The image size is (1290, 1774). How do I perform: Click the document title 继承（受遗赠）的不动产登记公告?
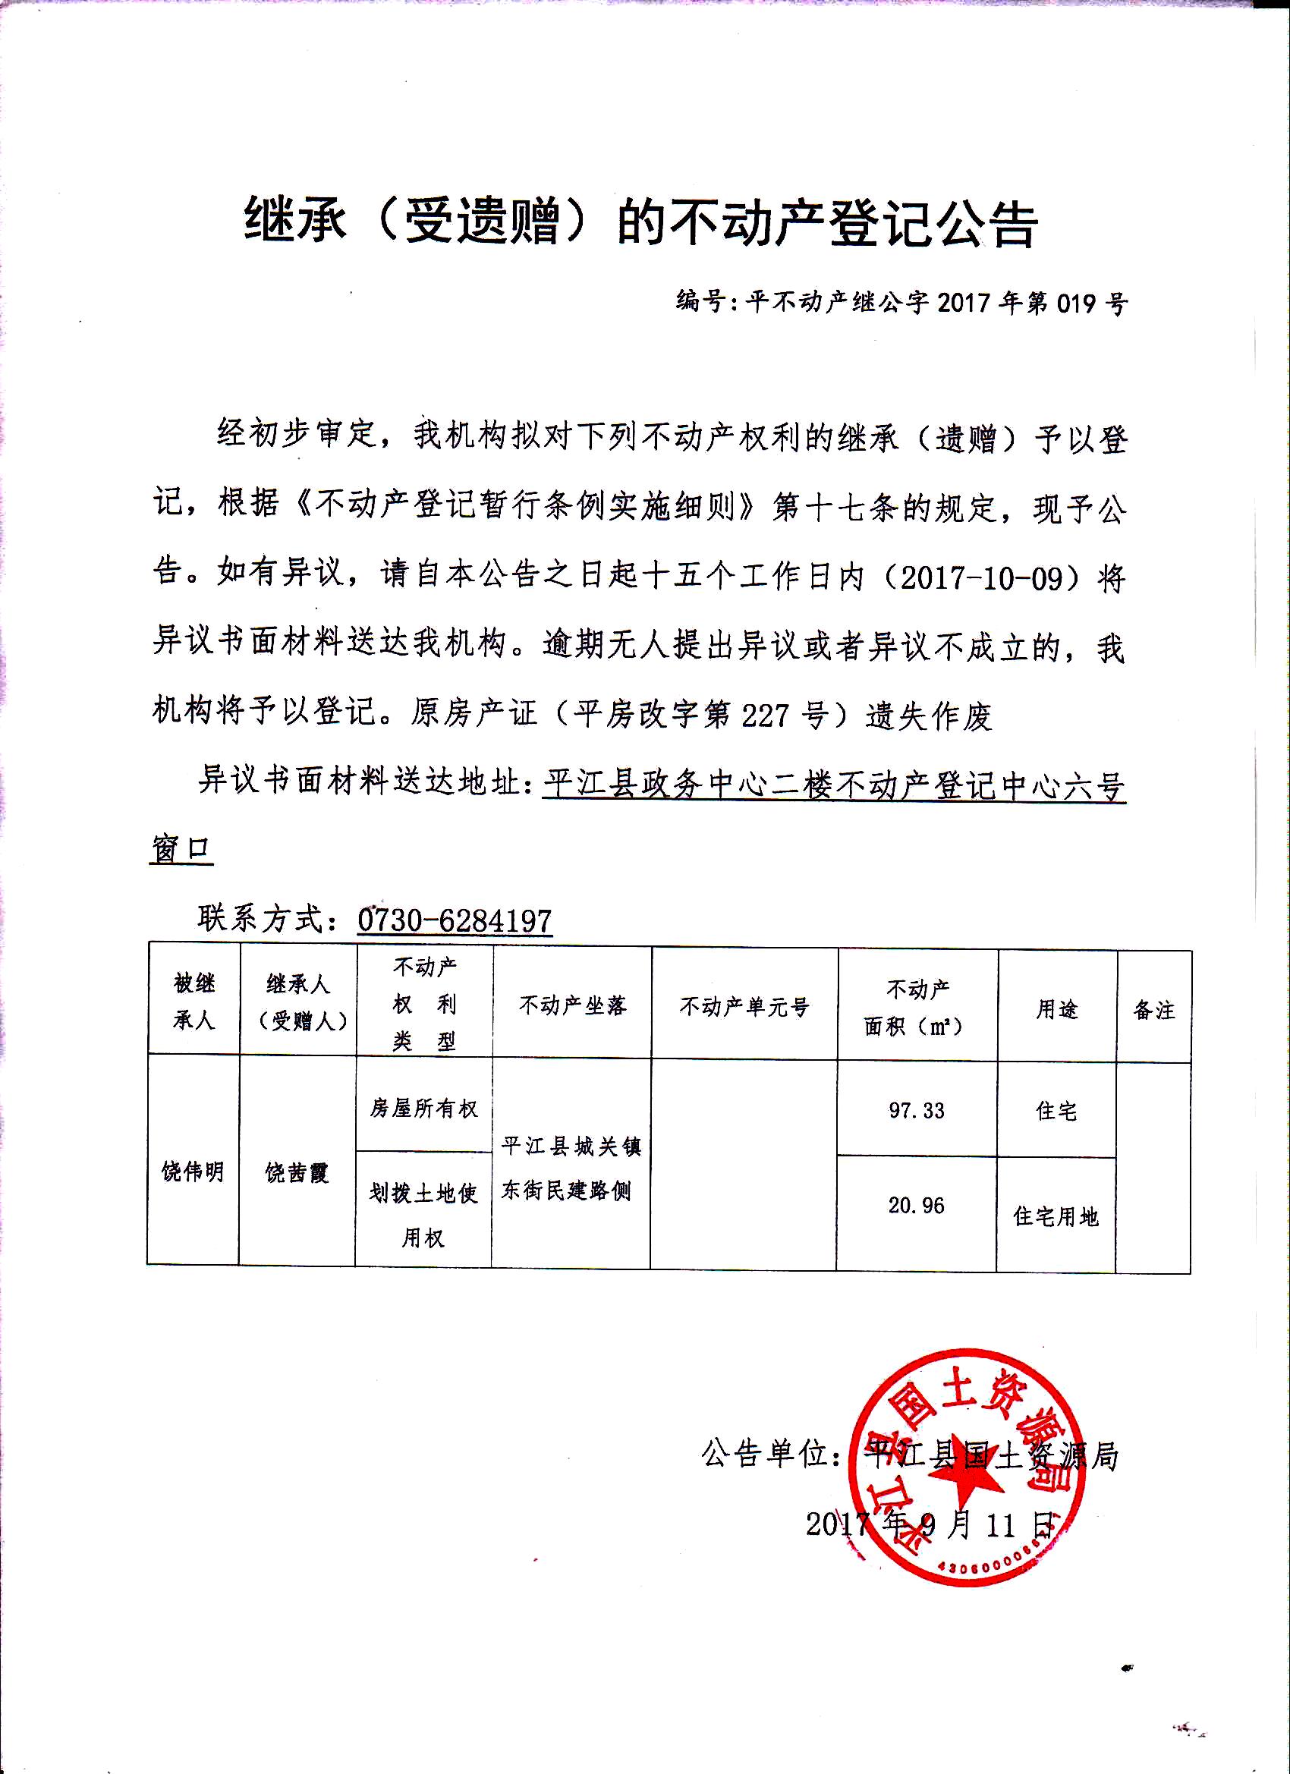640,223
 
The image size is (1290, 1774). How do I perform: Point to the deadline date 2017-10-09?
992,578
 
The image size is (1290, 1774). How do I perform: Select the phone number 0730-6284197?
455,920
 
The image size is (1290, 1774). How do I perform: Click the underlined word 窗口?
181,850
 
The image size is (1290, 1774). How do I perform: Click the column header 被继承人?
193,1002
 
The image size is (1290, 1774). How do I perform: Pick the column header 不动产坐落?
573,1005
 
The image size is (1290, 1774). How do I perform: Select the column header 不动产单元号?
744,1007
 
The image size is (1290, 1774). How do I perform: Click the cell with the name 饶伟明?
193,1172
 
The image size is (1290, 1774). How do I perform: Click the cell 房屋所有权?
424,1109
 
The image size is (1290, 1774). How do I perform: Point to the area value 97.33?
916,1111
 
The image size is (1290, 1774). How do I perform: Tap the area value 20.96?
916,1206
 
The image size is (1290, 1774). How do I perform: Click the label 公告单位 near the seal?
765,1454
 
